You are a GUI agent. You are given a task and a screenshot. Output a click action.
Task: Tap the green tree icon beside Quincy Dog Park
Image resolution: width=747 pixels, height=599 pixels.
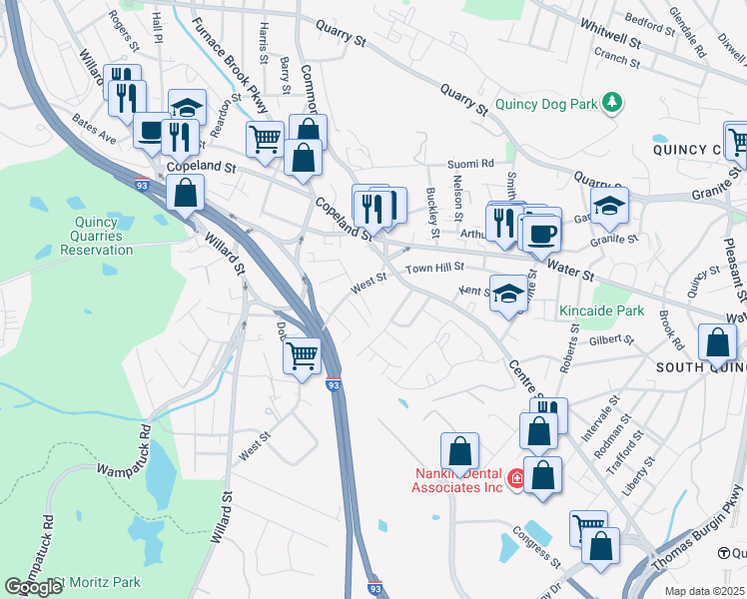[x=616, y=101]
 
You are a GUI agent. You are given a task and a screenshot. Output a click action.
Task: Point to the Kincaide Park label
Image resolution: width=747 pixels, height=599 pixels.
[x=601, y=311]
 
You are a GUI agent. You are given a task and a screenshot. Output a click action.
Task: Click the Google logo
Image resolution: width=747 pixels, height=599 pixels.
[x=34, y=587]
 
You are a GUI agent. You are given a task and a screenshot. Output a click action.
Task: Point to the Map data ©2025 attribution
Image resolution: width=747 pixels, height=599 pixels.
[x=704, y=591]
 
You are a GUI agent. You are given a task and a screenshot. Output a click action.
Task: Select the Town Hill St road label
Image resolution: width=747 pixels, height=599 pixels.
[x=434, y=268]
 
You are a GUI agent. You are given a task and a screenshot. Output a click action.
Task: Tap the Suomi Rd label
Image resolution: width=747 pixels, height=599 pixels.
[x=470, y=163]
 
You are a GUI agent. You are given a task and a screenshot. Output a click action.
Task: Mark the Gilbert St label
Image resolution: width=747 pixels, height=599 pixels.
[x=613, y=340]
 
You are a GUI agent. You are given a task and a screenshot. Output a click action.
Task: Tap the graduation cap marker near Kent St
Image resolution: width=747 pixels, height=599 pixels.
[x=509, y=294]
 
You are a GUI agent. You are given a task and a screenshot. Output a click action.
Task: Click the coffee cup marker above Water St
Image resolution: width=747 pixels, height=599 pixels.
[x=541, y=234]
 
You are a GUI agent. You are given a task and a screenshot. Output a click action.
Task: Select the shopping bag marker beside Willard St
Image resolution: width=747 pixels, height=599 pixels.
[x=185, y=193]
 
